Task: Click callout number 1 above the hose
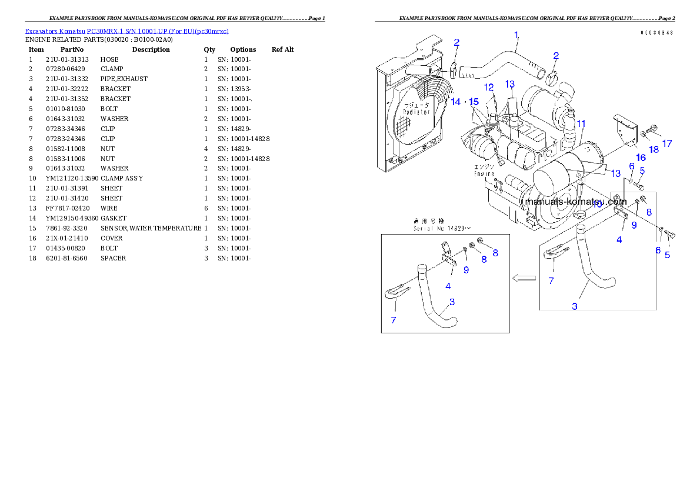(x=516, y=35)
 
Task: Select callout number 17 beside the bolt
(x=666, y=143)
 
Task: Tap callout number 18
(x=654, y=150)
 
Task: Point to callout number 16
(x=641, y=157)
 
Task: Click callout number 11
(x=581, y=123)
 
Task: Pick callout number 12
(x=489, y=87)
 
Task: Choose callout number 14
(x=455, y=102)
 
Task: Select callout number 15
(x=474, y=102)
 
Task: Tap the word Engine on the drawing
(x=485, y=174)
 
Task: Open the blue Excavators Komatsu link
(x=126, y=31)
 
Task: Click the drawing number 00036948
(x=657, y=32)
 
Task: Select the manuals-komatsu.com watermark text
(x=576, y=201)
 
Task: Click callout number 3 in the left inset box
(x=451, y=302)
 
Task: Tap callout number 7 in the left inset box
(x=394, y=320)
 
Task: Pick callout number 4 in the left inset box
(x=448, y=286)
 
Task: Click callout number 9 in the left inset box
(x=466, y=270)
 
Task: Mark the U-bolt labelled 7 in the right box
(x=555, y=253)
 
